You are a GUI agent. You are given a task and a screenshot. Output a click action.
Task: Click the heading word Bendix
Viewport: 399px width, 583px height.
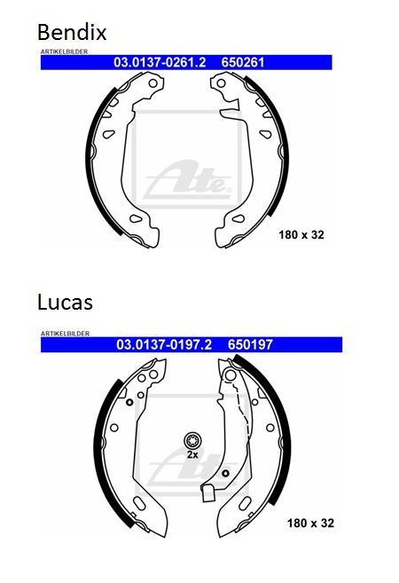(x=72, y=32)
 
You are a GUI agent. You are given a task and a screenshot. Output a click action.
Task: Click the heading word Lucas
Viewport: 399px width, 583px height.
(x=65, y=302)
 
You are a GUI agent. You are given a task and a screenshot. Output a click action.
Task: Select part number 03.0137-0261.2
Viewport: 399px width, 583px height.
(x=160, y=62)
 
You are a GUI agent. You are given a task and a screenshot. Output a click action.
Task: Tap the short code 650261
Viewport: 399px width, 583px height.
(x=243, y=62)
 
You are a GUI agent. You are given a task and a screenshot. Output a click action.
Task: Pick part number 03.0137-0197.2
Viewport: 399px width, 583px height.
(x=164, y=344)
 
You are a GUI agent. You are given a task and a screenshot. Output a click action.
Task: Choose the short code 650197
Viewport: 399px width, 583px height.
(x=250, y=344)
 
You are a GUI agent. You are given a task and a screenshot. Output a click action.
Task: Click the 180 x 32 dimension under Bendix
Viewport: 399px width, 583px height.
(x=301, y=235)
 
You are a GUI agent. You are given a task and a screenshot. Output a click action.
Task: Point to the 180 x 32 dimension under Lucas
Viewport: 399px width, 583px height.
(x=310, y=524)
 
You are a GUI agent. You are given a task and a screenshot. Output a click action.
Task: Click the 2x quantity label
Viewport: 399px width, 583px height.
(x=192, y=454)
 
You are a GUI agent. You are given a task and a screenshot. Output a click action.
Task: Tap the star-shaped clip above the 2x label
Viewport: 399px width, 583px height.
(x=192, y=441)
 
